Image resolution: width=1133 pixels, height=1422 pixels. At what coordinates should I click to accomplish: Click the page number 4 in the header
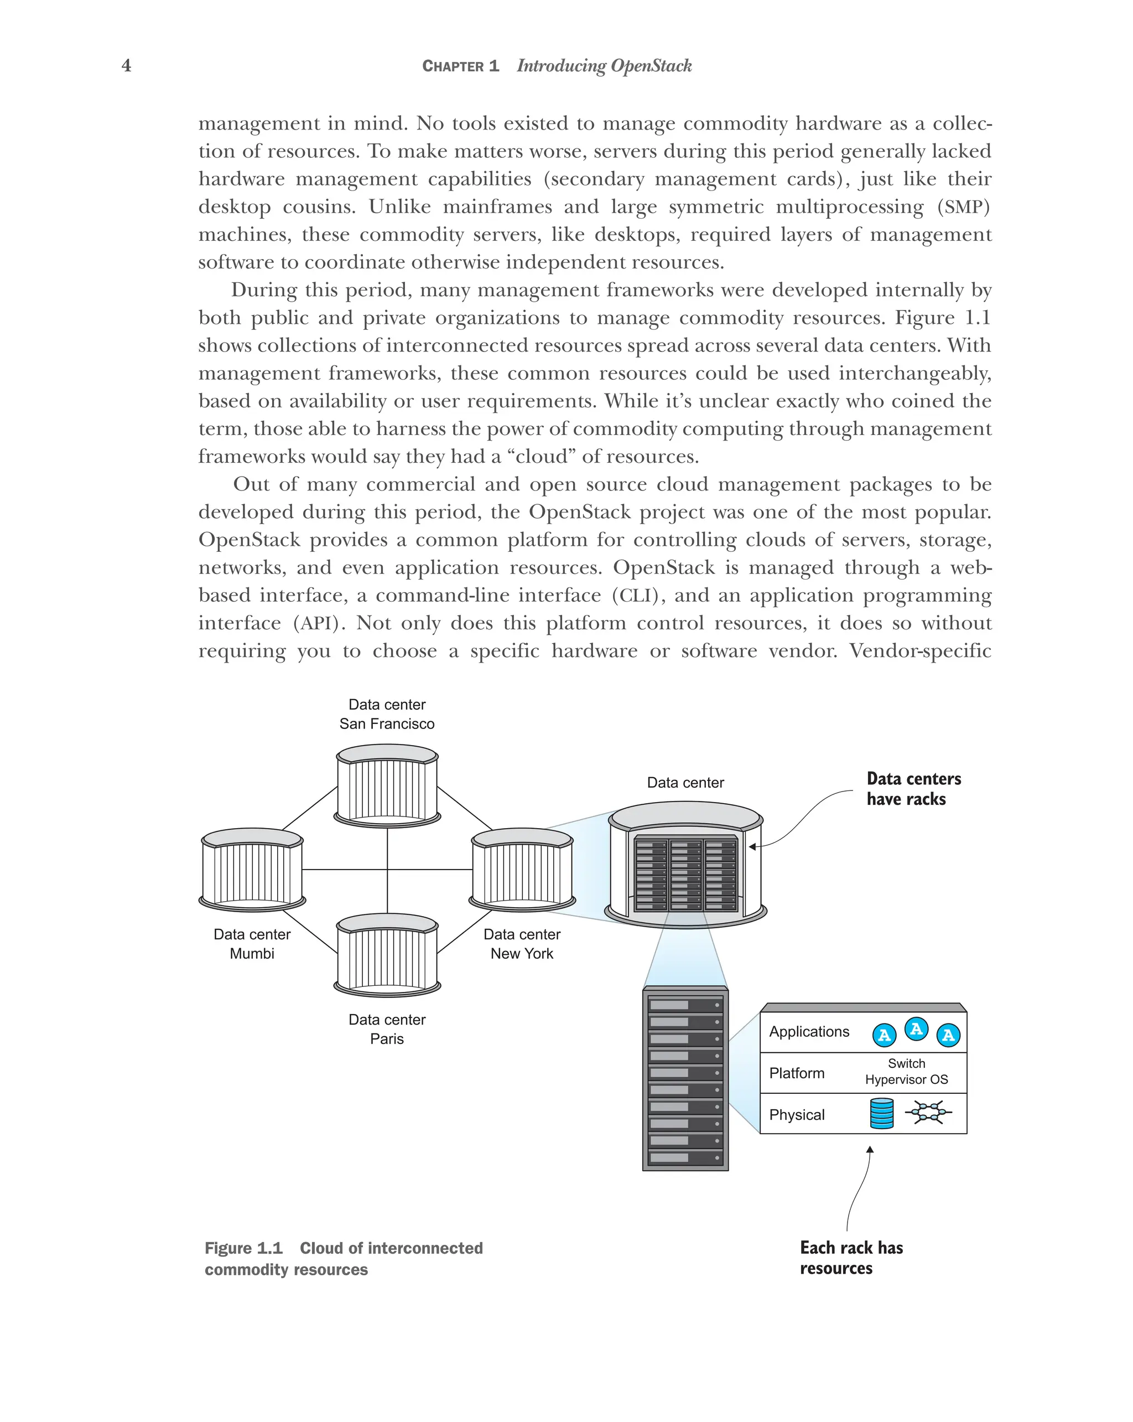coord(127,65)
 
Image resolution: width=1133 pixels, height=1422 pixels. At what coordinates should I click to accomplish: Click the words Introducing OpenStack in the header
coord(604,66)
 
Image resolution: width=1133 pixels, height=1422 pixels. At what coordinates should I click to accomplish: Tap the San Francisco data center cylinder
coord(387,785)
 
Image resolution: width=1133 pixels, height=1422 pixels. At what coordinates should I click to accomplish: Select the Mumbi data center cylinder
coord(252,870)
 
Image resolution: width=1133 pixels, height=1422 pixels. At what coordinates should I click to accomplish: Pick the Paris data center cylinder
coord(387,954)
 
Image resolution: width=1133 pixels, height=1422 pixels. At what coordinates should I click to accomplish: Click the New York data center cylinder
coord(522,870)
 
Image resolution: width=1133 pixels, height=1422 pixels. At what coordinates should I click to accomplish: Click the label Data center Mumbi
coord(252,944)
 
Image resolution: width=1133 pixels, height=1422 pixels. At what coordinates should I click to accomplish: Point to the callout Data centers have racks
coord(913,789)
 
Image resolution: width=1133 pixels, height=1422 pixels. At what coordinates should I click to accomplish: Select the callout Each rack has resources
coord(850,1258)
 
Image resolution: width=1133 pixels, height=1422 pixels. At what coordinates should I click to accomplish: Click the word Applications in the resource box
coord(809,1032)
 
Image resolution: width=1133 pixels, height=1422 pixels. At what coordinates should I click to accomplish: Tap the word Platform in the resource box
coord(796,1073)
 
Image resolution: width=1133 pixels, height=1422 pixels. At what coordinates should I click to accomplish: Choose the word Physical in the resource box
coord(796,1115)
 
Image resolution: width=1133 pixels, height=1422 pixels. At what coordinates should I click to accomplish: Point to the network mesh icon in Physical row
coord(928,1113)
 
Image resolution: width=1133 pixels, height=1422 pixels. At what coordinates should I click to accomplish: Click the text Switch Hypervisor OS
coord(906,1072)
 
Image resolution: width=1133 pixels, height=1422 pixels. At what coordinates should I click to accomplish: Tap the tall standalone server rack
coord(685,1079)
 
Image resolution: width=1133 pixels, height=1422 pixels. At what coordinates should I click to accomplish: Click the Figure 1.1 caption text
coord(344,1258)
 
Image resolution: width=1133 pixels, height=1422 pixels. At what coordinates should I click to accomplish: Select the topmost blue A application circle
coord(916,1028)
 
